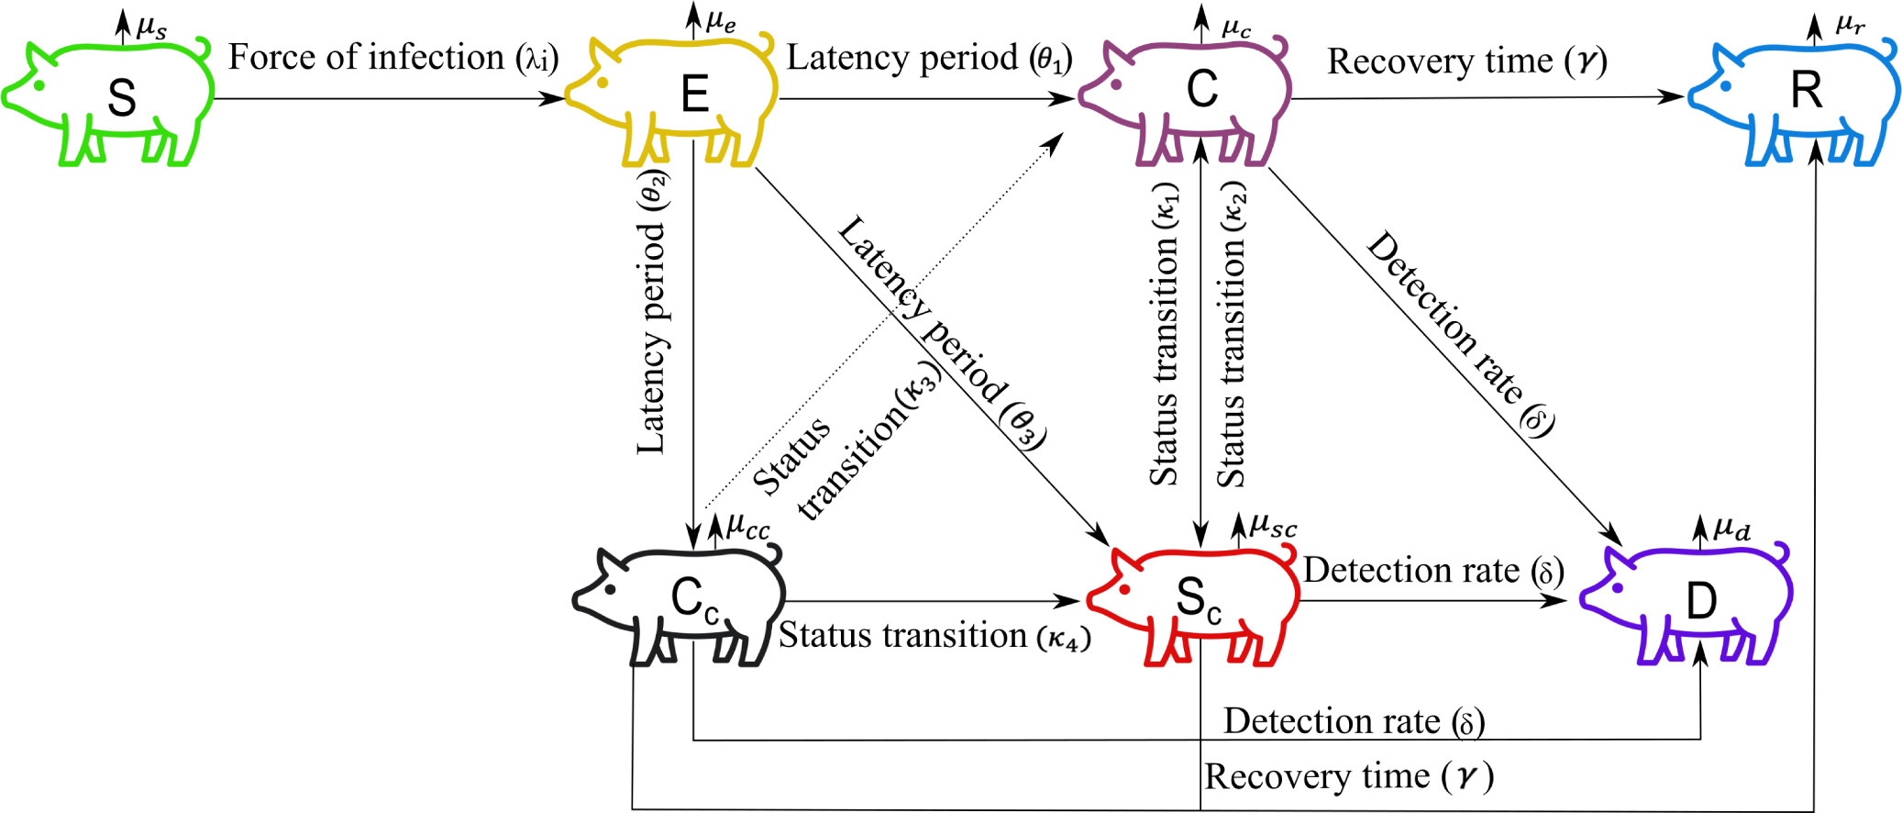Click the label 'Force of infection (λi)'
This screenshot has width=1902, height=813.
point(393,58)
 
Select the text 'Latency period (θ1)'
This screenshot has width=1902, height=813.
point(928,58)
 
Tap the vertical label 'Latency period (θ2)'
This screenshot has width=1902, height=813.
point(652,312)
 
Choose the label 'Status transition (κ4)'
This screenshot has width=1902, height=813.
point(934,636)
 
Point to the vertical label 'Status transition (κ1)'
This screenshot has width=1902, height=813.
point(1165,335)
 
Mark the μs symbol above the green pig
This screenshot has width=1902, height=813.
point(152,28)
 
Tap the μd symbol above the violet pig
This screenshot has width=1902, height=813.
point(1732,529)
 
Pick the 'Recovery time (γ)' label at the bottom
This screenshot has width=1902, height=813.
point(1348,777)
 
